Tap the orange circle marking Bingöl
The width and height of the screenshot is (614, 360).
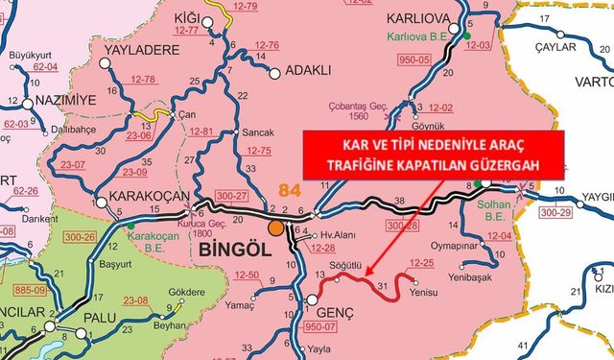point(276,228)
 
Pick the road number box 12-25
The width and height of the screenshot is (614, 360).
point(422,261)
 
